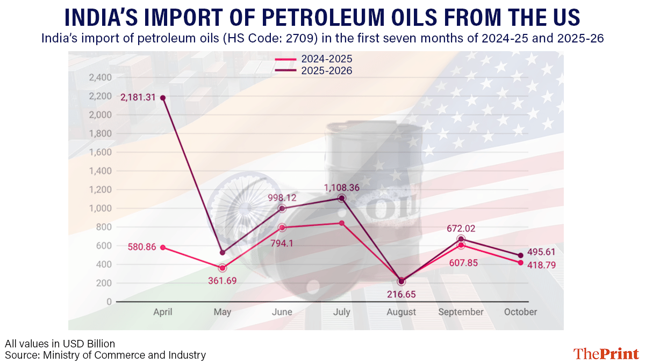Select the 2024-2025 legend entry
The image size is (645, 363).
(313, 59)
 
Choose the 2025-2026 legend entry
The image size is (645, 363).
(313, 70)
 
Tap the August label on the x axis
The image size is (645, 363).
(402, 312)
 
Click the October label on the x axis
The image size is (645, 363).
(520, 312)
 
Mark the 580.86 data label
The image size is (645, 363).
(142, 247)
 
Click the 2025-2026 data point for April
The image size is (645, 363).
(163, 97)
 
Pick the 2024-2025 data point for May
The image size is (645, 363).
(223, 268)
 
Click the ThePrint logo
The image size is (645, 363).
(606, 353)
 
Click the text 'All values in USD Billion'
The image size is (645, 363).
(60, 344)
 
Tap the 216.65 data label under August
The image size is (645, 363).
(402, 294)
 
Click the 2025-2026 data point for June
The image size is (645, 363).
(282, 208)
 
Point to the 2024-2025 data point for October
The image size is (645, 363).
(520, 262)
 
